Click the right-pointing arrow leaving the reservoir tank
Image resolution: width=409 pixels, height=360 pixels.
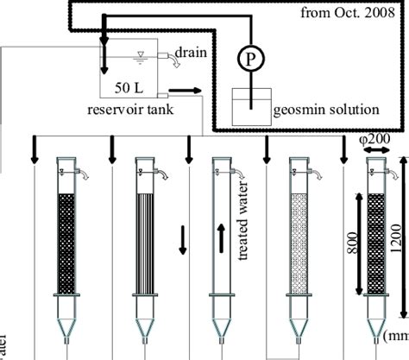pyautogui.click(x=192, y=89)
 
